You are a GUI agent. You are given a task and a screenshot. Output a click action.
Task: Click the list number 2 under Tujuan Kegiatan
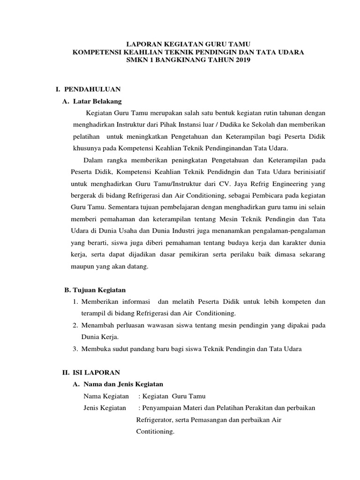click(x=75, y=325)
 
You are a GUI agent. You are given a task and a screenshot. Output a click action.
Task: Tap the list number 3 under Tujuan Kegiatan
click(x=75, y=349)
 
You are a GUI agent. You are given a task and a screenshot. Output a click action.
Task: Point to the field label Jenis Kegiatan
click(x=105, y=408)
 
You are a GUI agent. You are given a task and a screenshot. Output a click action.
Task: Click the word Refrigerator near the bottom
click(x=157, y=420)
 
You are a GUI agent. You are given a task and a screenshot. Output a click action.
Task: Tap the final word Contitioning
click(x=155, y=431)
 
